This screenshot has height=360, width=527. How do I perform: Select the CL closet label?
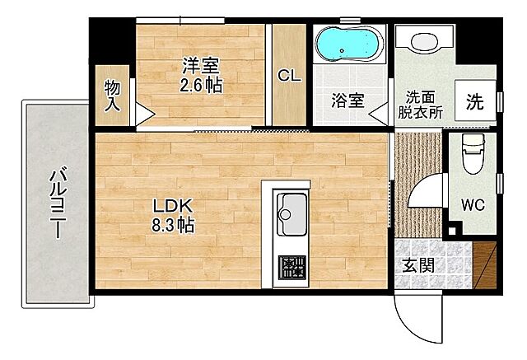coord(289,75)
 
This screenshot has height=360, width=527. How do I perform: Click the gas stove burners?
coord(290,267)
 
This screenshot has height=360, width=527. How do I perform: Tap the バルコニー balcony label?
coord(58,202)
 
